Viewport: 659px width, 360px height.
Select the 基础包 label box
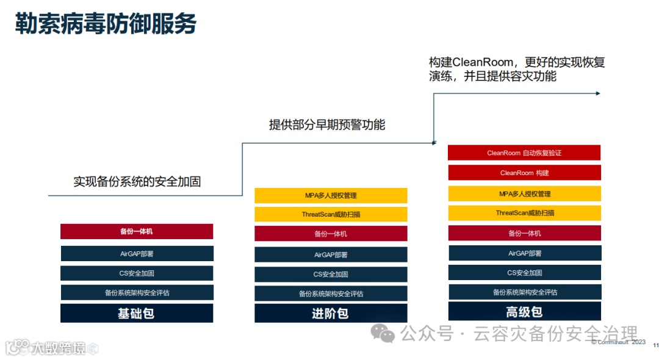pyautogui.click(x=137, y=314)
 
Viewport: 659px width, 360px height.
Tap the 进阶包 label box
pyautogui.click(x=331, y=314)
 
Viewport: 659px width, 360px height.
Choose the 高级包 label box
pyautogui.click(x=524, y=312)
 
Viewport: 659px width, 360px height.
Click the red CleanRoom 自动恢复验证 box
pyautogui.click(x=524, y=153)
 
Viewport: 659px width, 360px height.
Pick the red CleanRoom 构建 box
pyautogui.click(x=524, y=173)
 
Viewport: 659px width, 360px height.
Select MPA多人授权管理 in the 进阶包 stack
pyautogui.click(x=331, y=196)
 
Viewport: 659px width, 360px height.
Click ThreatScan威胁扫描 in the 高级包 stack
pyautogui.click(x=524, y=213)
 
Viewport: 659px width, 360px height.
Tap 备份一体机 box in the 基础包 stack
pyautogui.click(x=137, y=232)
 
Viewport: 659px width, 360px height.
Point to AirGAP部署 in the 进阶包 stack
pyautogui.click(x=331, y=255)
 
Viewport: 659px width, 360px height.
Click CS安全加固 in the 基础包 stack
pyautogui.click(x=137, y=273)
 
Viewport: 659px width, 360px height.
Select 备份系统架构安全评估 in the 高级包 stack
pyautogui.click(x=524, y=292)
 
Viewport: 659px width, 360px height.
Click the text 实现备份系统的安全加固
pyautogui.click(x=137, y=181)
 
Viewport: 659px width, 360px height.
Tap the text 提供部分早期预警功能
pyautogui.click(x=327, y=124)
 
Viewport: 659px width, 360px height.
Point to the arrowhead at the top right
pyautogui.click(x=598, y=93)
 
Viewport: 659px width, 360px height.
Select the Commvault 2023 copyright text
pyautogui.click(x=618, y=342)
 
